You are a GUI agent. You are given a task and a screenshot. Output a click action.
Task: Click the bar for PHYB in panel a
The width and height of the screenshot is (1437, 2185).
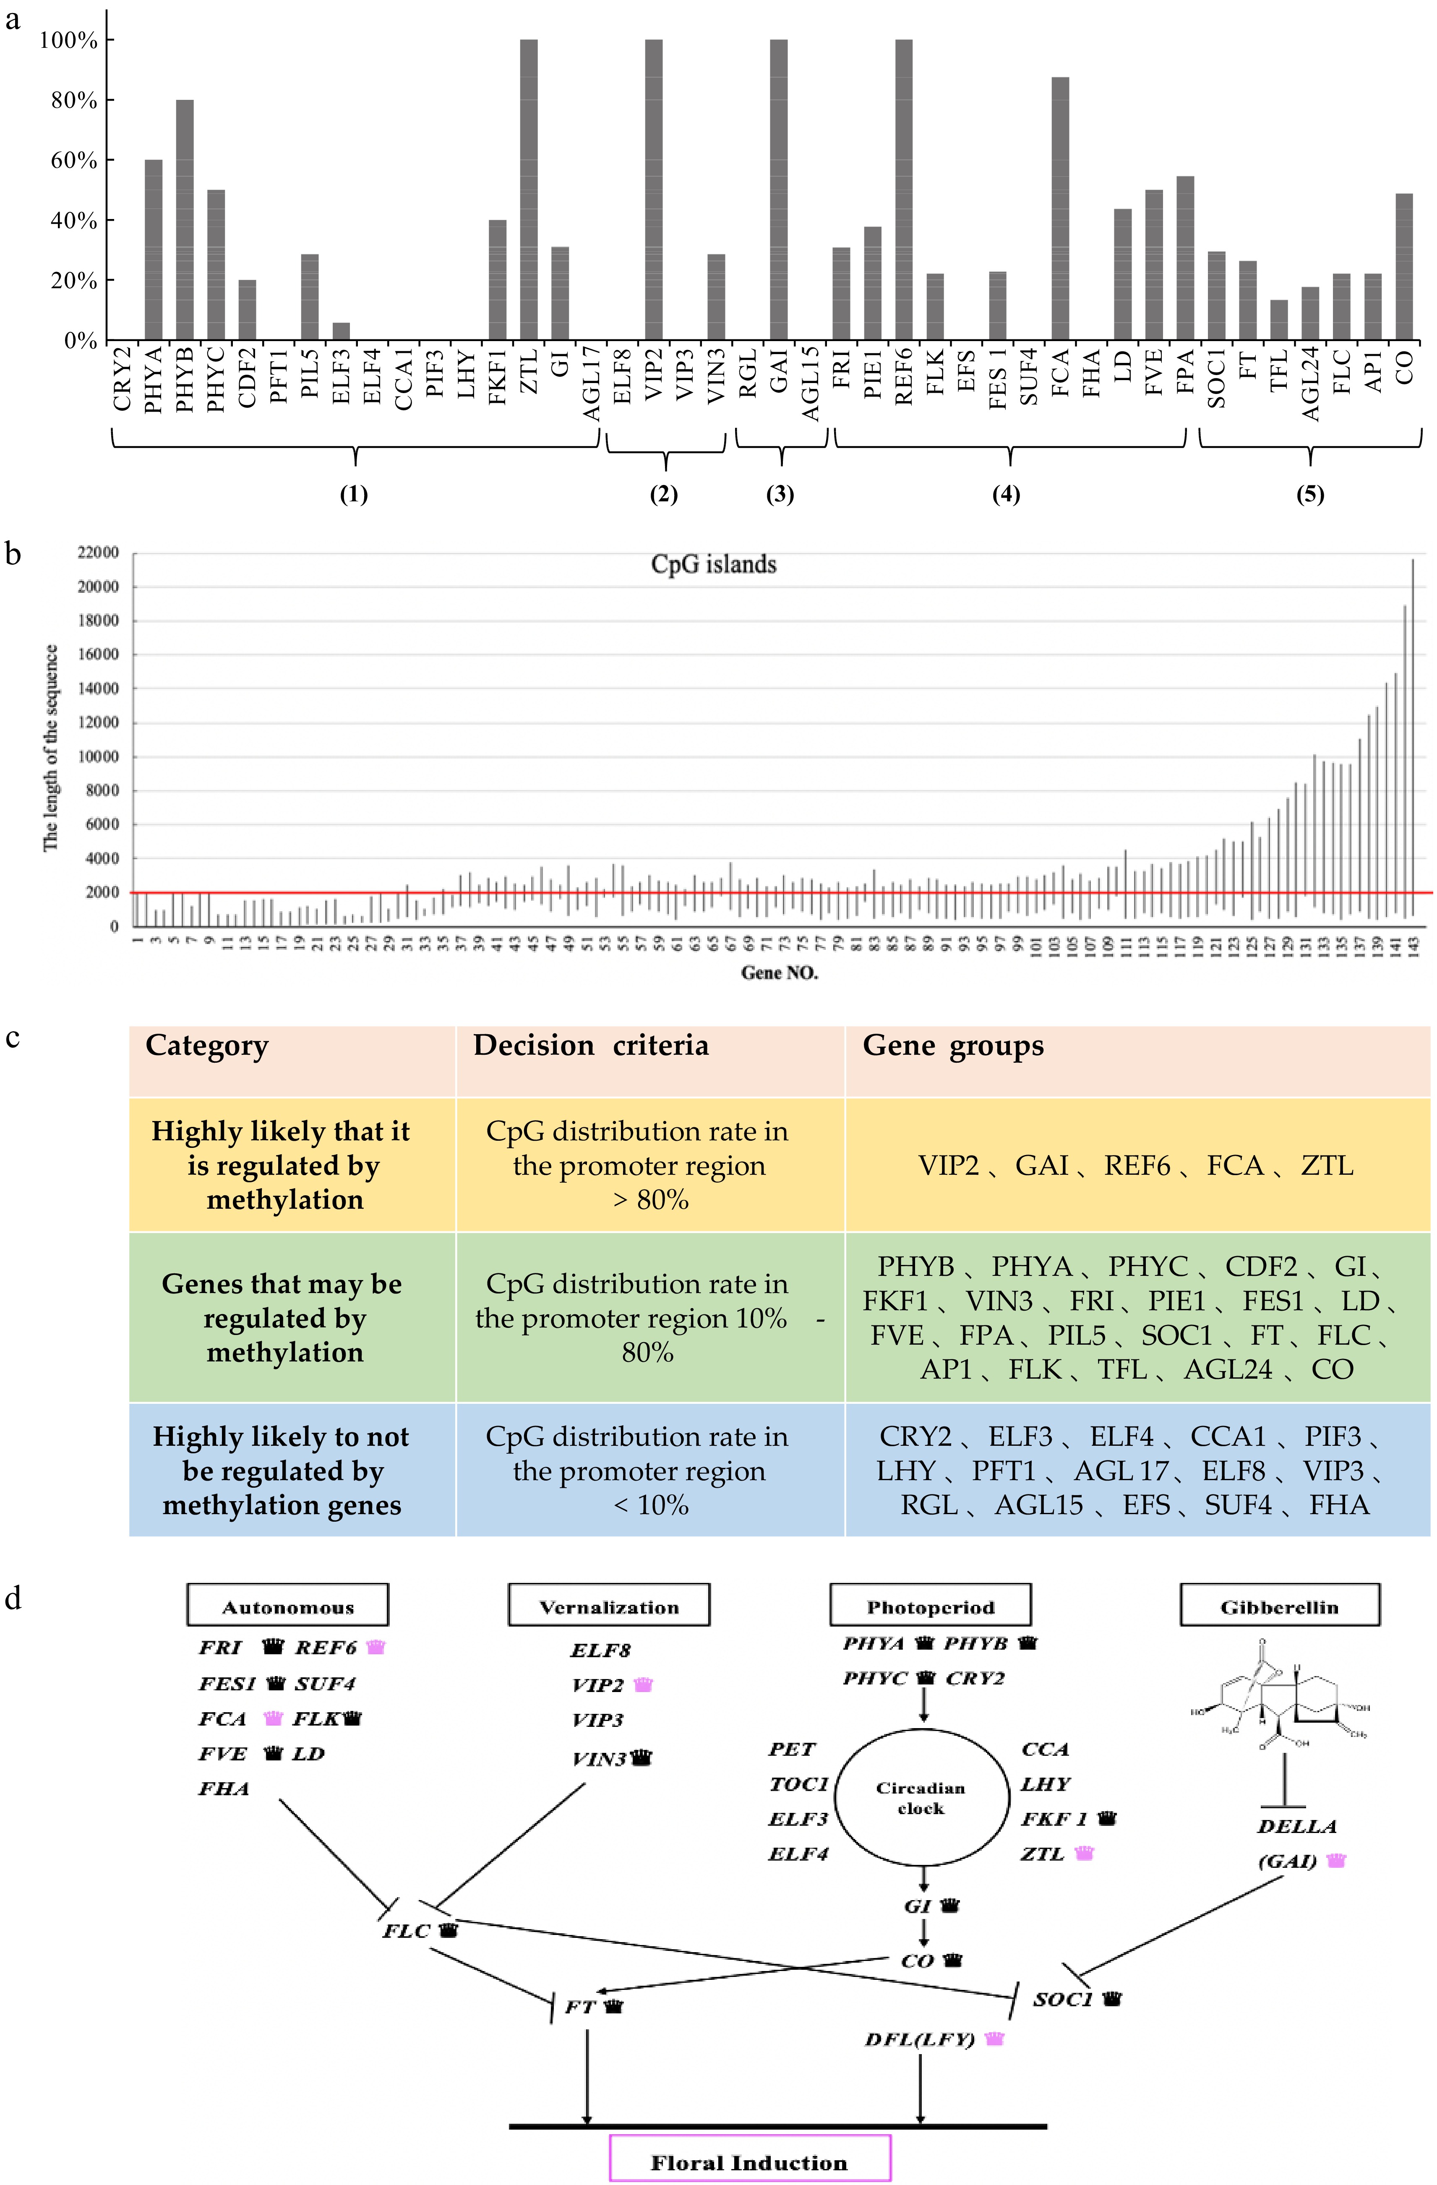pos(185,220)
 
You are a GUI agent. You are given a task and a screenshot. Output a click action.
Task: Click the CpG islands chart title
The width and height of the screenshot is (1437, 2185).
pos(713,565)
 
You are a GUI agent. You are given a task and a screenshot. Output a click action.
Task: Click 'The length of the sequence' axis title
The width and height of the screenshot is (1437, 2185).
pos(52,748)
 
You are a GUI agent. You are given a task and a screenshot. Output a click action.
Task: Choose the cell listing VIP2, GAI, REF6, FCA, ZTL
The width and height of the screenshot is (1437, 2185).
pos(1136,1165)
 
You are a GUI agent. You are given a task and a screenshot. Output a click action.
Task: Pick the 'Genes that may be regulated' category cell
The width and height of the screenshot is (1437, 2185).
pos(283,1317)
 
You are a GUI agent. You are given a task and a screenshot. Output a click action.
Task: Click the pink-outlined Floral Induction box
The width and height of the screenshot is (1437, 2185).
pos(749,2162)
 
